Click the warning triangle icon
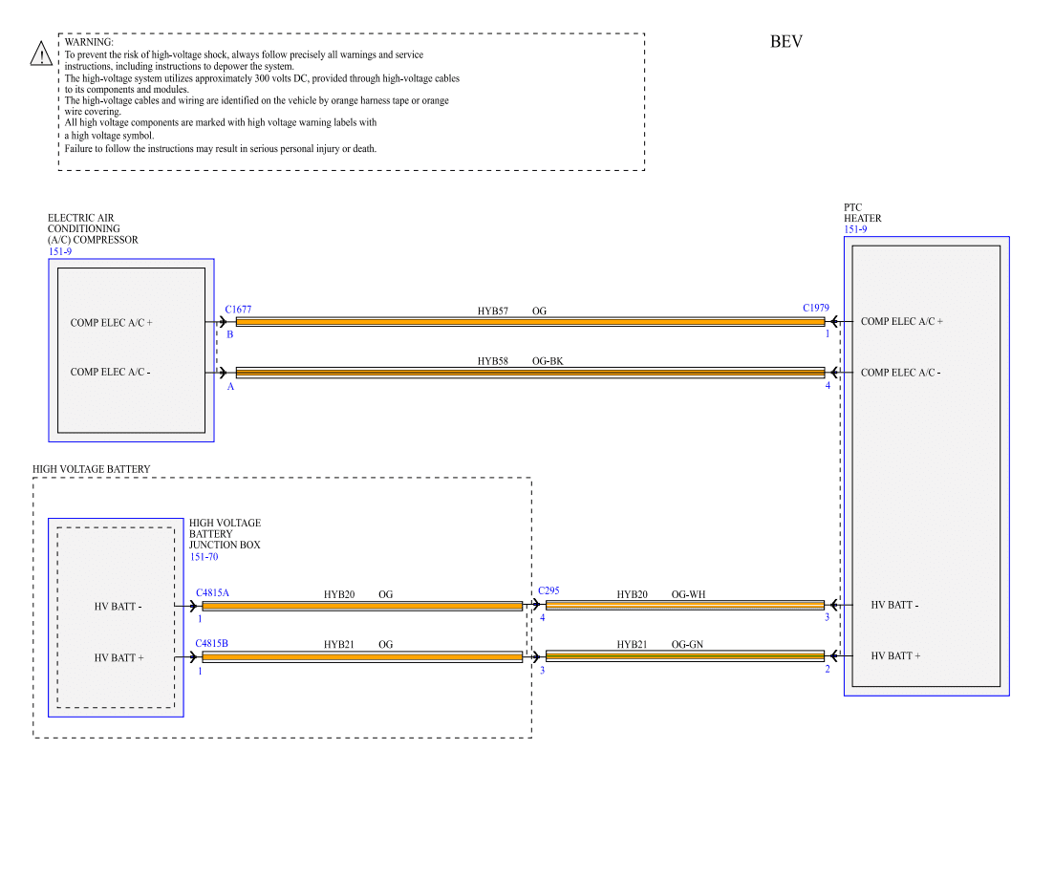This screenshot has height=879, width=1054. (41, 54)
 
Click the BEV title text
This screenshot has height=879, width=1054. (786, 42)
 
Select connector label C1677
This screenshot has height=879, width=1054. (238, 310)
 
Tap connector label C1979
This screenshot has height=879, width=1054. (816, 309)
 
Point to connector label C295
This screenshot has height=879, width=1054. (549, 591)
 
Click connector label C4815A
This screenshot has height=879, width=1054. (212, 593)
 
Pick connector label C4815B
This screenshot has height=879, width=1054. (212, 644)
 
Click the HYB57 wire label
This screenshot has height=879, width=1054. (493, 311)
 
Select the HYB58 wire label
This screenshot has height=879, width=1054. (493, 362)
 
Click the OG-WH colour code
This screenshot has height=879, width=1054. (688, 594)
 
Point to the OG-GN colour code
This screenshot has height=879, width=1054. (687, 645)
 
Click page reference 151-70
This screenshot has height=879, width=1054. (204, 556)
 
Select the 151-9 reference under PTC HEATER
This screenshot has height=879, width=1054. (855, 229)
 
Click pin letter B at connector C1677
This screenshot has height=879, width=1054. (229, 334)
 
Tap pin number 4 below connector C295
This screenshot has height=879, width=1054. (542, 619)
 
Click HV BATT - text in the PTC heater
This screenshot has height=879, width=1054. (894, 605)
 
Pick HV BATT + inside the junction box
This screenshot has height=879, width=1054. (118, 658)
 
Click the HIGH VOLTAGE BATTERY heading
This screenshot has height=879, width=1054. (92, 469)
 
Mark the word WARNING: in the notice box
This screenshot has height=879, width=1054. (89, 42)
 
